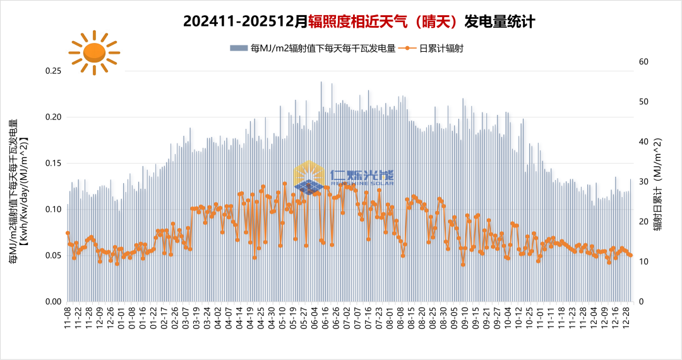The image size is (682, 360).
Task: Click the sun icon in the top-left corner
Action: pos(94,52)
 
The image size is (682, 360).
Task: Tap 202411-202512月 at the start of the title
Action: pos(246,21)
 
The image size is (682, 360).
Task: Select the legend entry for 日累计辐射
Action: pos(434,48)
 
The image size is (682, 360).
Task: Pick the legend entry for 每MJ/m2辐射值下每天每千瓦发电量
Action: pos(314,48)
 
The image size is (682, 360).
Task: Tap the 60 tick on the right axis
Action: pos(643,61)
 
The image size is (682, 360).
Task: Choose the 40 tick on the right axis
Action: pos(643,141)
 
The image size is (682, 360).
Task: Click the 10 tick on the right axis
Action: pos(643,261)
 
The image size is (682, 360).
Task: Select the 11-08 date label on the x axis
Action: pos(68,318)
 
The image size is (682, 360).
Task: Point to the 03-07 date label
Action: pos(187,318)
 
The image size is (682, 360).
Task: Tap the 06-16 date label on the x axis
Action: pos(325,318)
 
